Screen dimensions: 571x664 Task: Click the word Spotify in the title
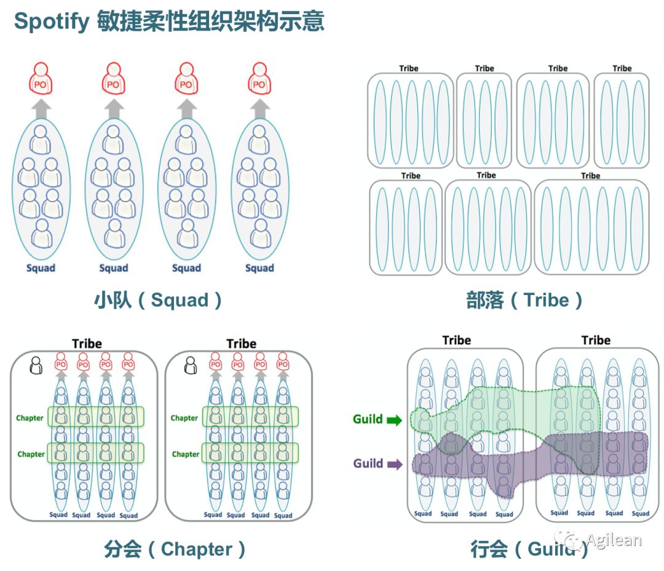(52, 22)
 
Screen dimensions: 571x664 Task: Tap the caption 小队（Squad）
(158, 300)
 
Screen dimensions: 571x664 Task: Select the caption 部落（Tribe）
(524, 300)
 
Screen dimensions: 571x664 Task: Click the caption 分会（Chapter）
(175, 549)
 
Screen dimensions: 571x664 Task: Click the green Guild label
(368, 419)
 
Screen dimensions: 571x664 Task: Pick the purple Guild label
(368, 463)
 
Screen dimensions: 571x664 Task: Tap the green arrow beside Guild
(393, 420)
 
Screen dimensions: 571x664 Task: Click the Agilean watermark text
(613, 541)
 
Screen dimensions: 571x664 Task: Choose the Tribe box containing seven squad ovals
(591, 227)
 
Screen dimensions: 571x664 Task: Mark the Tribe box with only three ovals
(622, 120)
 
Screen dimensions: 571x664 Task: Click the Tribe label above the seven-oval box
(590, 176)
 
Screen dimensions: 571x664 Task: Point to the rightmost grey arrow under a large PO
(259, 109)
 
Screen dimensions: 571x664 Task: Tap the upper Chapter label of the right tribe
(184, 418)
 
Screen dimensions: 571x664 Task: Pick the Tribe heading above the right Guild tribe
(596, 340)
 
